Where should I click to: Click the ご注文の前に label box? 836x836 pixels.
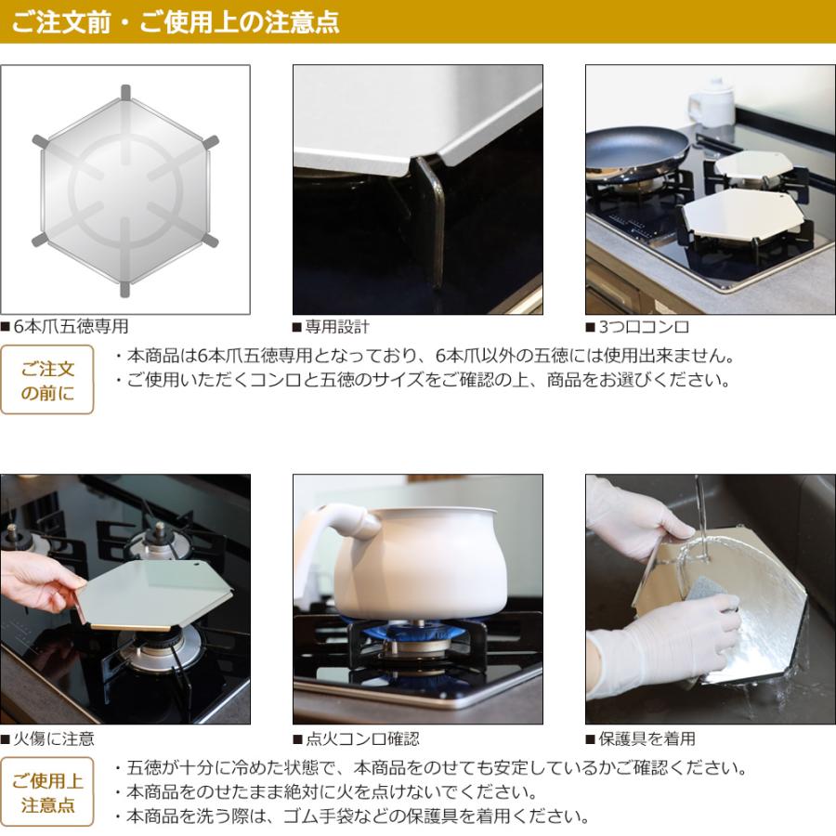tap(47, 380)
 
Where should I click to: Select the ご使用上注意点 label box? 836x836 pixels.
tap(47, 792)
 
